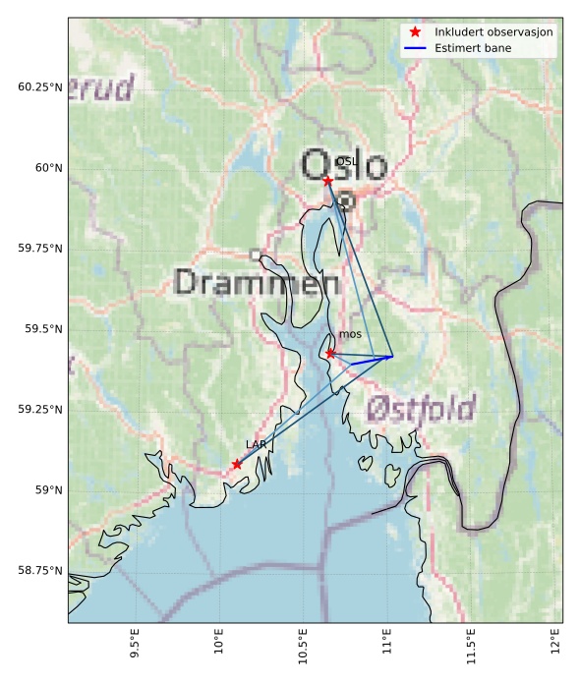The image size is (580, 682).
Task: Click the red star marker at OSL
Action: click(327, 181)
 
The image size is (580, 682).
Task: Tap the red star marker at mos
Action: click(330, 353)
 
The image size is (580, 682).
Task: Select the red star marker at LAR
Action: click(237, 464)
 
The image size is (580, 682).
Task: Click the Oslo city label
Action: click(344, 165)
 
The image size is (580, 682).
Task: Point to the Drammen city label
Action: click(257, 284)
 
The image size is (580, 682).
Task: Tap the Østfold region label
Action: click(421, 409)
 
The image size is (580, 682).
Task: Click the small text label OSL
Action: click(346, 161)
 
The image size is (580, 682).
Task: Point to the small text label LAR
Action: click(256, 445)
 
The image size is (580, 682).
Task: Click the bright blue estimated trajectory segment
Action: click(372, 361)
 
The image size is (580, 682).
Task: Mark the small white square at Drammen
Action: click(256, 255)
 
